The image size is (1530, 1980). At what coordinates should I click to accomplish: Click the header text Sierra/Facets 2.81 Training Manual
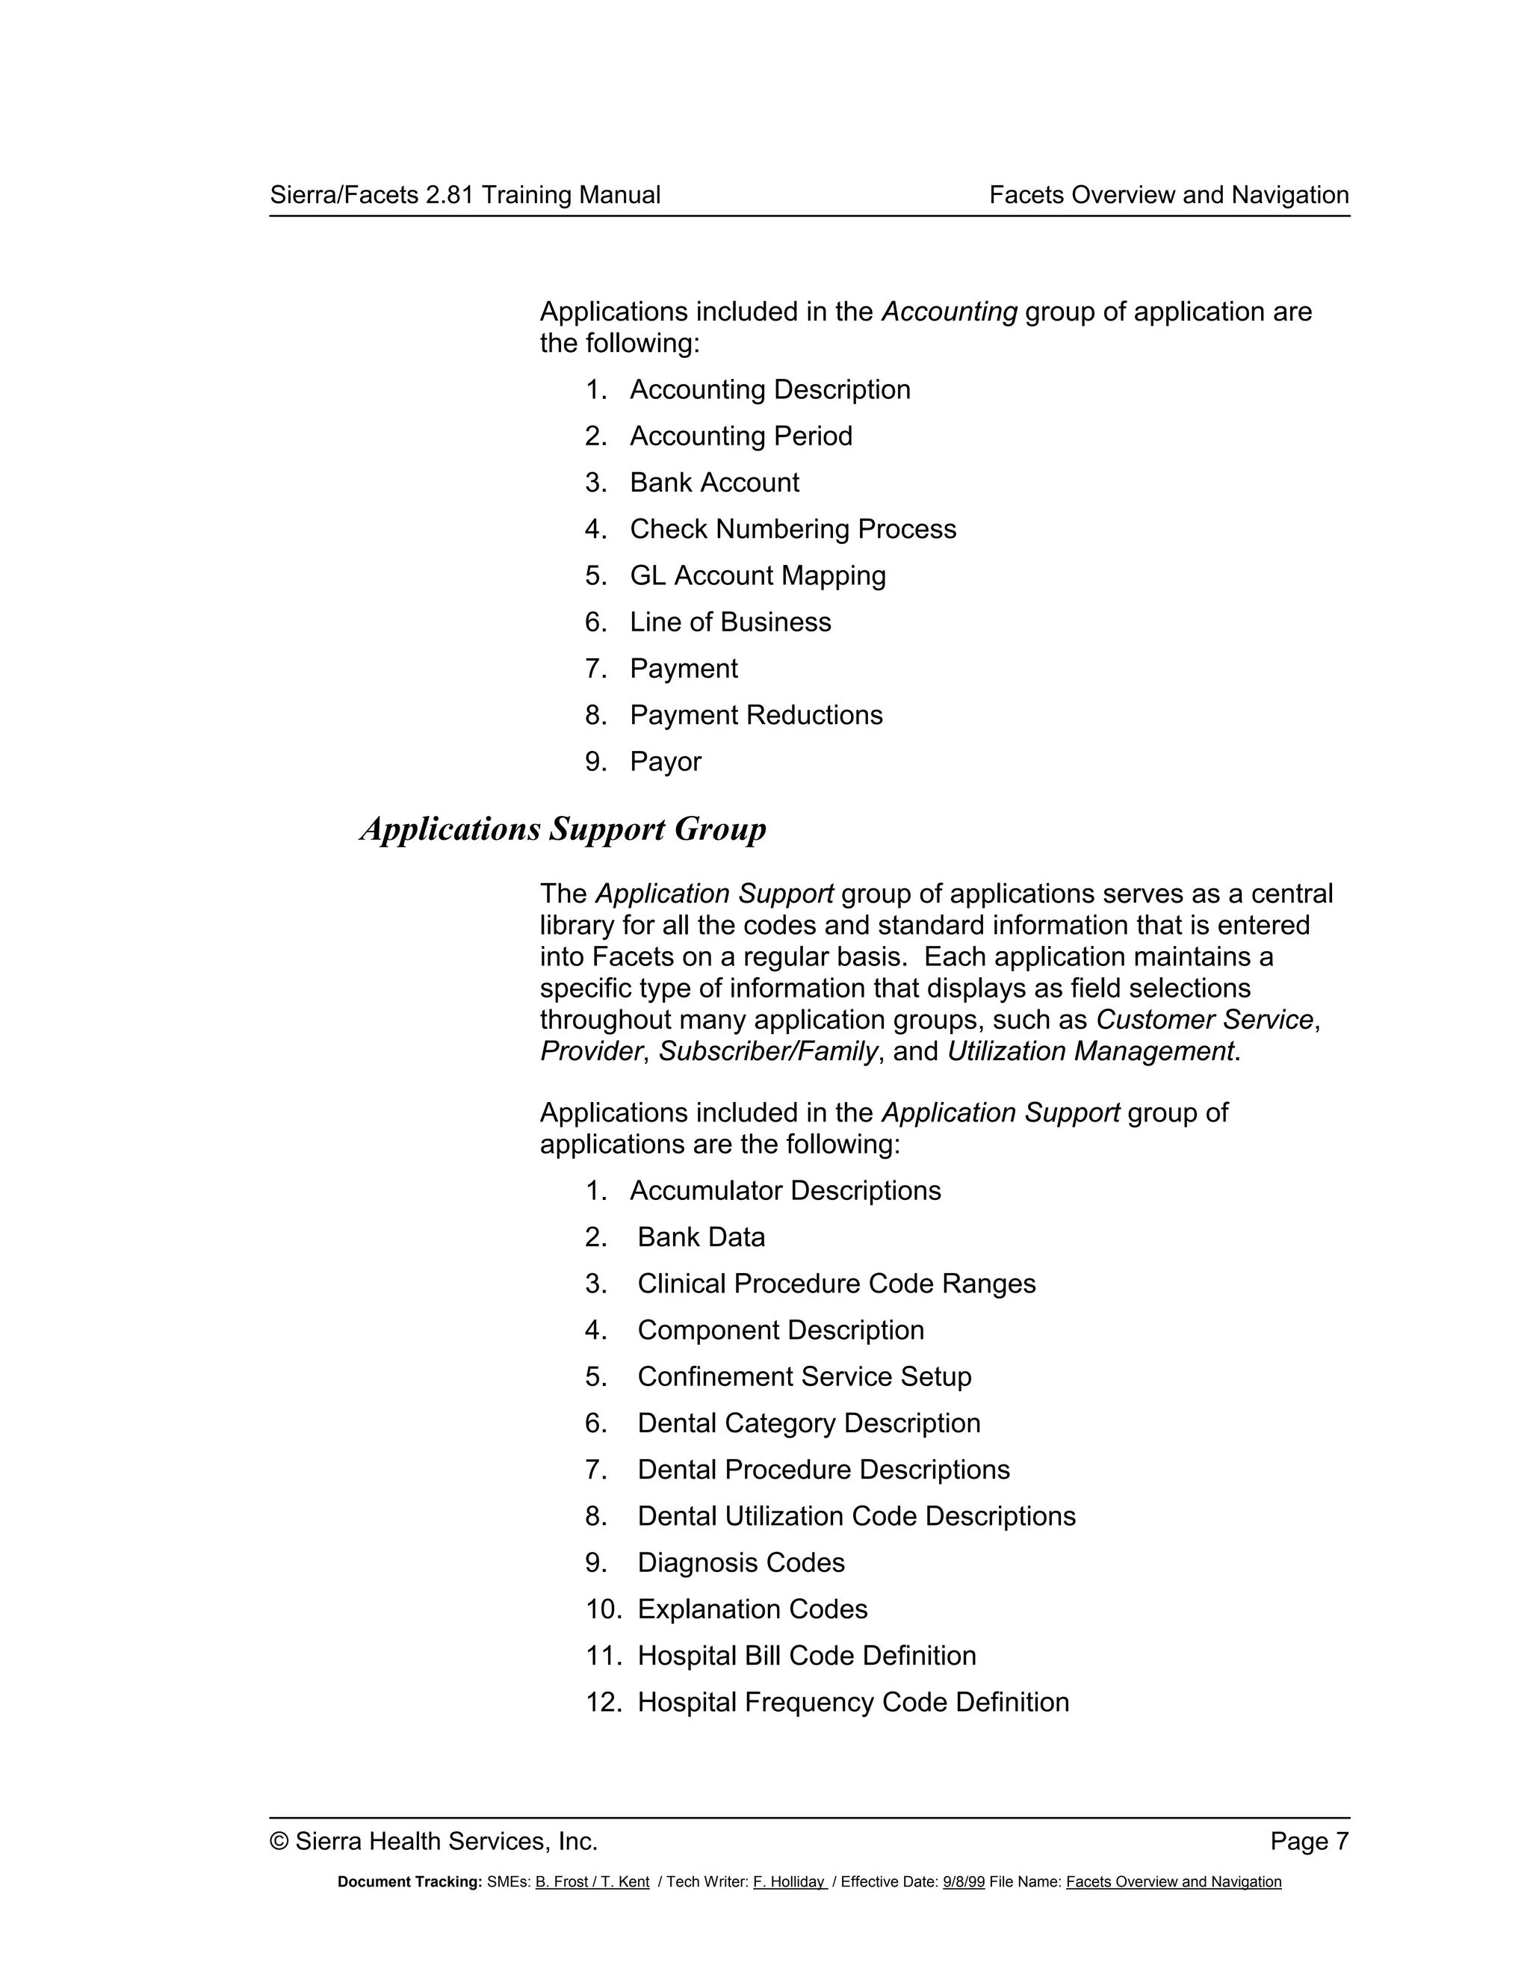(x=465, y=195)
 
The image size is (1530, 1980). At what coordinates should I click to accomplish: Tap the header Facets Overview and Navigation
(x=1168, y=195)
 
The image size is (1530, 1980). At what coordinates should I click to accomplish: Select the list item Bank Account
(x=714, y=483)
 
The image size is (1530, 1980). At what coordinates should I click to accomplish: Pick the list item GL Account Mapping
(x=758, y=575)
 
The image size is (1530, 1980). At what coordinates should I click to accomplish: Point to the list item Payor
(x=666, y=761)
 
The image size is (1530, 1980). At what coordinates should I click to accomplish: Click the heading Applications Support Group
(x=563, y=829)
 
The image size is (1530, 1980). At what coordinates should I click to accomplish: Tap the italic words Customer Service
(x=1204, y=1020)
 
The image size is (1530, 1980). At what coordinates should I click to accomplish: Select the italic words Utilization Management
(x=1091, y=1052)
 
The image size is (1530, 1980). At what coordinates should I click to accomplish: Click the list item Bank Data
(x=701, y=1237)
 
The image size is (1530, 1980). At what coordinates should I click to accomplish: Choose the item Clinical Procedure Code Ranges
(x=836, y=1284)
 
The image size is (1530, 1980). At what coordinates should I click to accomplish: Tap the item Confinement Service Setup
(x=804, y=1376)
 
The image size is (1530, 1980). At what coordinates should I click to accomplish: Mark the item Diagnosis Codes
(x=740, y=1563)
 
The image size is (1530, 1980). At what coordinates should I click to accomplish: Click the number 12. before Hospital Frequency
(x=603, y=1703)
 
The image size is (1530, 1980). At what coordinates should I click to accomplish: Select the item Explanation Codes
(x=752, y=1609)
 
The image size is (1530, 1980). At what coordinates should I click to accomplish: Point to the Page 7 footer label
(x=1309, y=1841)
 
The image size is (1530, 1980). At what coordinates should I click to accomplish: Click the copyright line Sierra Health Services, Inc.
(x=434, y=1841)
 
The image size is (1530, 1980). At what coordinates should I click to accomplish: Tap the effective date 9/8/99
(x=964, y=1882)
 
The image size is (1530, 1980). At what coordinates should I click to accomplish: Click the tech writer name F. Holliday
(x=789, y=1882)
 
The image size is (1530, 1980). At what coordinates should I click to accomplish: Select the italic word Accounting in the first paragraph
(x=949, y=312)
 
